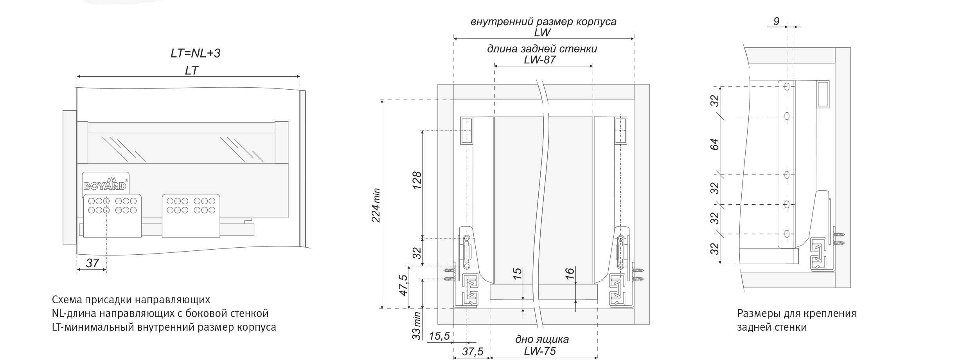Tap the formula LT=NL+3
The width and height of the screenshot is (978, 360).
click(x=196, y=53)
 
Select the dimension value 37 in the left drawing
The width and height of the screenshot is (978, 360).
click(x=93, y=263)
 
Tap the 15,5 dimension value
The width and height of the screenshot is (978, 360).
click(x=439, y=336)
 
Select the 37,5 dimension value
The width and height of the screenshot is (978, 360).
click(x=472, y=351)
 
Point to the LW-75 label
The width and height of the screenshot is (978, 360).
click(x=540, y=351)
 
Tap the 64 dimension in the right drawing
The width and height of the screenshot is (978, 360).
click(x=715, y=144)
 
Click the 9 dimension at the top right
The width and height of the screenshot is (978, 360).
click(x=777, y=21)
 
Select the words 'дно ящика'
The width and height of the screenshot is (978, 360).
click(x=542, y=339)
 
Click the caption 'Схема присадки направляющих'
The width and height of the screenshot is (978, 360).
click(x=131, y=300)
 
